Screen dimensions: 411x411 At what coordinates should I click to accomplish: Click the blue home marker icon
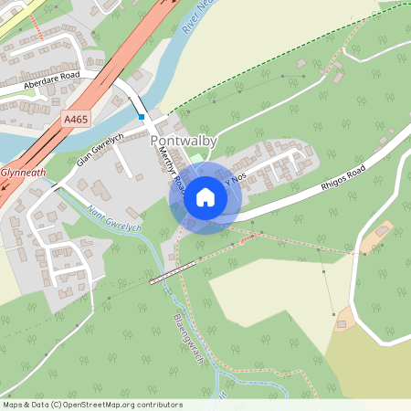pyautogui.click(x=205, y=197)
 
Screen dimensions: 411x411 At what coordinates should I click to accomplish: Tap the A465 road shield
pyautogui.click(x=76, y=119)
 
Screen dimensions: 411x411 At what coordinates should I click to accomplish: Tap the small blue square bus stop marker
pyautogui.click(x=142, y=117)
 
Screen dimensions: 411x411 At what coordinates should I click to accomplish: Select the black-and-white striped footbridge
pyautogui.click(x=173, y=271)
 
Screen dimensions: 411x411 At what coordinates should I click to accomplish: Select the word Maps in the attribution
pyautogui.click(x=13, y=404)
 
